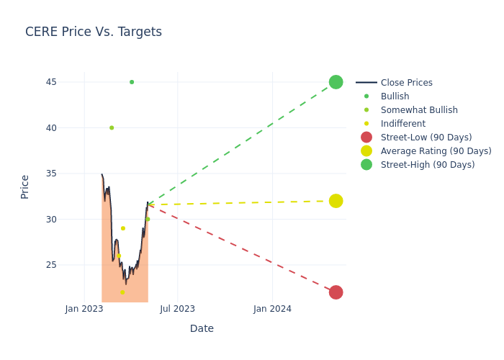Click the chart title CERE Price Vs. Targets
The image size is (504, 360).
[94, 32]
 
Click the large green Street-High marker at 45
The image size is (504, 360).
[336, 82]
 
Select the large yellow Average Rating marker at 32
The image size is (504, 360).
[336, 201]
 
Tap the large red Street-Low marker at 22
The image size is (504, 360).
[336, 292]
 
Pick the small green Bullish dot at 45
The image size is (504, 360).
[132, 82]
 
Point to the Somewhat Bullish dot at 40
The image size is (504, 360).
[112, 127]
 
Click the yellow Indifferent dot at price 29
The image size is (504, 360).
[122, 228]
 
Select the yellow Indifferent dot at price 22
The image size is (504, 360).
[122, 292]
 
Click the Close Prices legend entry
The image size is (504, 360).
[406, 83]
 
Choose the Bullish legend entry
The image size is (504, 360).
[395, 96]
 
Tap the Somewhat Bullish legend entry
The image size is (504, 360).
[419, 110]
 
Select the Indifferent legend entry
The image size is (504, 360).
[402, 124]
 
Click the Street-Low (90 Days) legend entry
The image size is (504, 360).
[426, 138]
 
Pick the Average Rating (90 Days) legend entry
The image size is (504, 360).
[436, 151]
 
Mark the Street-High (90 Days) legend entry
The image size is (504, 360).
[428, 165]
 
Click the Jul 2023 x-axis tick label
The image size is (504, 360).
[177, 309]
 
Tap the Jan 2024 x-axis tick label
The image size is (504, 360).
[272, 309]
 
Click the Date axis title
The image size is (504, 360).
[202, 328]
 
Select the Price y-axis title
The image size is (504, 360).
[25, 186]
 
